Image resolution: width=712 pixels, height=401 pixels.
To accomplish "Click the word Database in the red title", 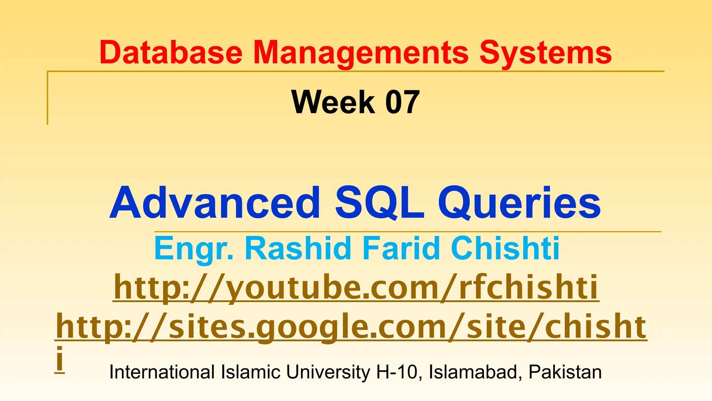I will [x=171, y=53].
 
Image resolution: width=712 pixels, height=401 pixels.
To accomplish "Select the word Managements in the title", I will [x=361, y=53].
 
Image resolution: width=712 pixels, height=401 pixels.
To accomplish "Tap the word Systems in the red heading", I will [x=545, y=53].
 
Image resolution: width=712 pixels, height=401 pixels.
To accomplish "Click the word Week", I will [x=333, y=102].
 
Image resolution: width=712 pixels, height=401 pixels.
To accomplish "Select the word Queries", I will [x=519, y=203].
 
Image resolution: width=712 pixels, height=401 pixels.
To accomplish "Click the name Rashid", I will [x=298, y=248].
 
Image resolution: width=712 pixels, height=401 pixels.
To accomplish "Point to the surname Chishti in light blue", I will [x=505, y=248].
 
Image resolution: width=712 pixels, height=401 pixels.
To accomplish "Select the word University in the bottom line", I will [x=328, y=372].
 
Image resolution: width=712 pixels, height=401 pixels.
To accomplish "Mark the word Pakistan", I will [x=565, y=372].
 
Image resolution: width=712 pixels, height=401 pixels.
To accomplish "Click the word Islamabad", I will [x=475, y=372].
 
